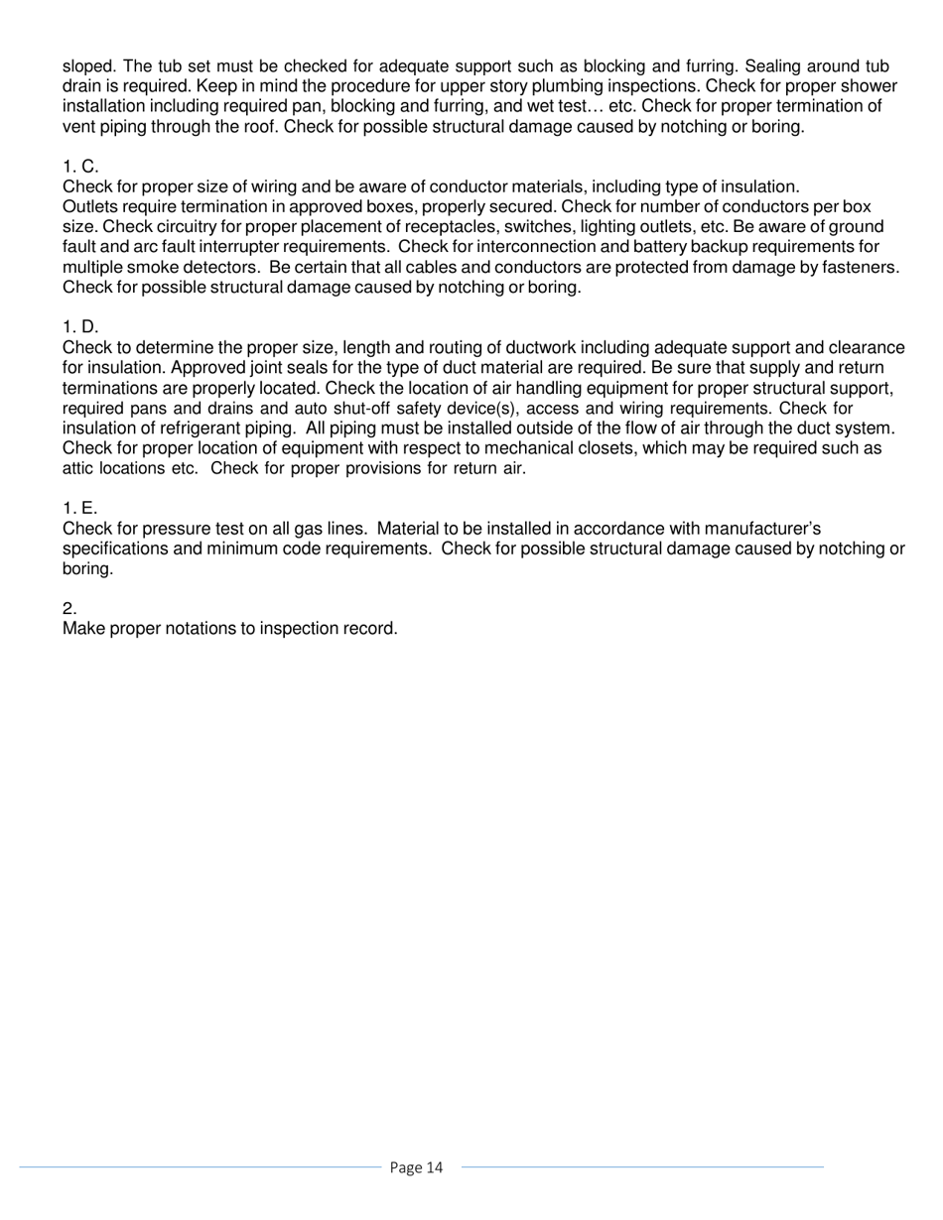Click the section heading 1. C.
tap(80, 167)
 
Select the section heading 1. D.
tap(80, 327)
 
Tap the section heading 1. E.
tap(80, 509)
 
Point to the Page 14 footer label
tap(417, 1167)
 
